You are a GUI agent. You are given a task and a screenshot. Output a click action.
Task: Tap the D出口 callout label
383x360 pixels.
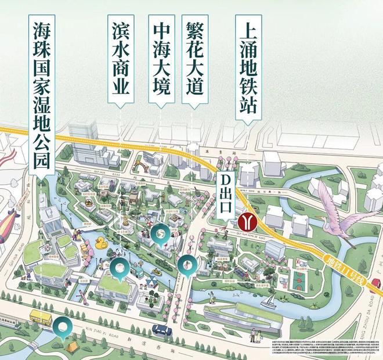225,195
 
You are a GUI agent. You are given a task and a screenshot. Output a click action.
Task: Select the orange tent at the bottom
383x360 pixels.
72,346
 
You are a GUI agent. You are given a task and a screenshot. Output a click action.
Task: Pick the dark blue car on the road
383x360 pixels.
161,329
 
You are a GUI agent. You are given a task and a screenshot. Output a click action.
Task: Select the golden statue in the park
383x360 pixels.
124,222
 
